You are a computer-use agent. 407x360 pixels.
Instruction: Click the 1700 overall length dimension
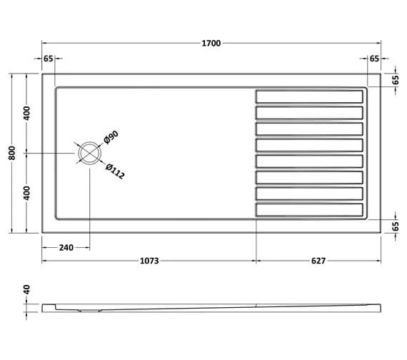click(211, 43)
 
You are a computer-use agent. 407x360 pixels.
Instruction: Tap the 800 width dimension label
click(12, 153)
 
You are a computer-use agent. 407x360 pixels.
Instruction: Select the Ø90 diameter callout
click(111, 137)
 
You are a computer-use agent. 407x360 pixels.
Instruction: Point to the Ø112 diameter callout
click(115, 171)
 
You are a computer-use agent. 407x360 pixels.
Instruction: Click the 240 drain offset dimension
click(66, 248)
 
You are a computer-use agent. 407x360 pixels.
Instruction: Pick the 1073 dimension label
click(149, 261)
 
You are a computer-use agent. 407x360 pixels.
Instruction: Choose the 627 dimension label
click(318, 261)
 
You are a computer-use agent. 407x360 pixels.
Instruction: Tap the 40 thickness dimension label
click(26, 289)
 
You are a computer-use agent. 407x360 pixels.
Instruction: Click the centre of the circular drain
click(90, 154)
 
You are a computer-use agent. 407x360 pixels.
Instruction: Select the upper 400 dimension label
click(26, 113)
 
